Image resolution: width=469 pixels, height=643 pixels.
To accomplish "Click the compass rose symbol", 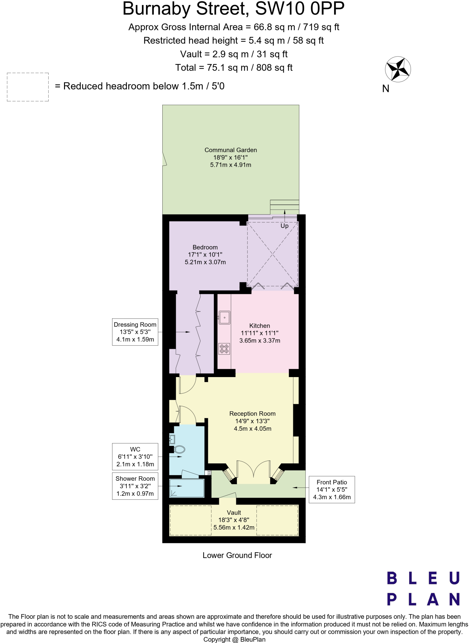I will pyautogui.click(x=398, y=69).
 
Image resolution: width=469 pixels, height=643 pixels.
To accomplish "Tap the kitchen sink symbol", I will pyautogui.click(x=224, y=317).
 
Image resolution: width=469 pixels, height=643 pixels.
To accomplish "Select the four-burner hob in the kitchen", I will pyautogui.click(x=224, y=349).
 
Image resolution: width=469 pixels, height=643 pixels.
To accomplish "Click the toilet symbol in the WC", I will pyautogui.click(x=180, y=449).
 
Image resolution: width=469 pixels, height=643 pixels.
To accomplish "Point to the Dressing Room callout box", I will pyautogui.click(x=135, y=332).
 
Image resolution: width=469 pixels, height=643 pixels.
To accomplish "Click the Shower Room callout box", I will pyautogui.click(x=135, y=486).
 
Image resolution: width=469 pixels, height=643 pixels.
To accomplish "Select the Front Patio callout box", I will pyautogui.click(x=332, y=489).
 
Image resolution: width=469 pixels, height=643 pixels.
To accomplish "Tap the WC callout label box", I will pyautogui.click(x=135, y=457).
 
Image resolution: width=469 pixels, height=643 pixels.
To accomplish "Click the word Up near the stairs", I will pyautogui.click(x=284, y=226).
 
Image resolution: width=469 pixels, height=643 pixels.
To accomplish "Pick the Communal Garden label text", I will pyautogui.click(x=231, y=150).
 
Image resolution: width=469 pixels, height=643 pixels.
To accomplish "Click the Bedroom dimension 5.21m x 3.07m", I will pyautogui.click(x=205, y=262).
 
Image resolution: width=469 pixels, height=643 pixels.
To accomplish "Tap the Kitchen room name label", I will pyautogui.click(x=260, y=326).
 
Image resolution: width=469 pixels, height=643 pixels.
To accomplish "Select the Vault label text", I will pyautogui.click(x=234, y=512).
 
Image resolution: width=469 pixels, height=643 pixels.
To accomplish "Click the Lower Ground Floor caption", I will pyautogui.click(x=237, y=555).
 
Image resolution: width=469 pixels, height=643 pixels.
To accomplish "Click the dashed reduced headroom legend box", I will pyautogui.click(x=28, y=87).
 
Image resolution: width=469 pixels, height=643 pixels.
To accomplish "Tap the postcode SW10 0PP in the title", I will pyautogui.click(x=299, y=9).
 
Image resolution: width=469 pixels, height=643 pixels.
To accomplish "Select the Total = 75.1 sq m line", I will pyautogui.click(x=234, y=68).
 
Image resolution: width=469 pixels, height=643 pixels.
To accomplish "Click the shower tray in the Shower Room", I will pyautogui.click(x=187, y=488).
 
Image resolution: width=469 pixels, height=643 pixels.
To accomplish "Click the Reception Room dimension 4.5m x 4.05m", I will pyautogui.click(x=252, y=429).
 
